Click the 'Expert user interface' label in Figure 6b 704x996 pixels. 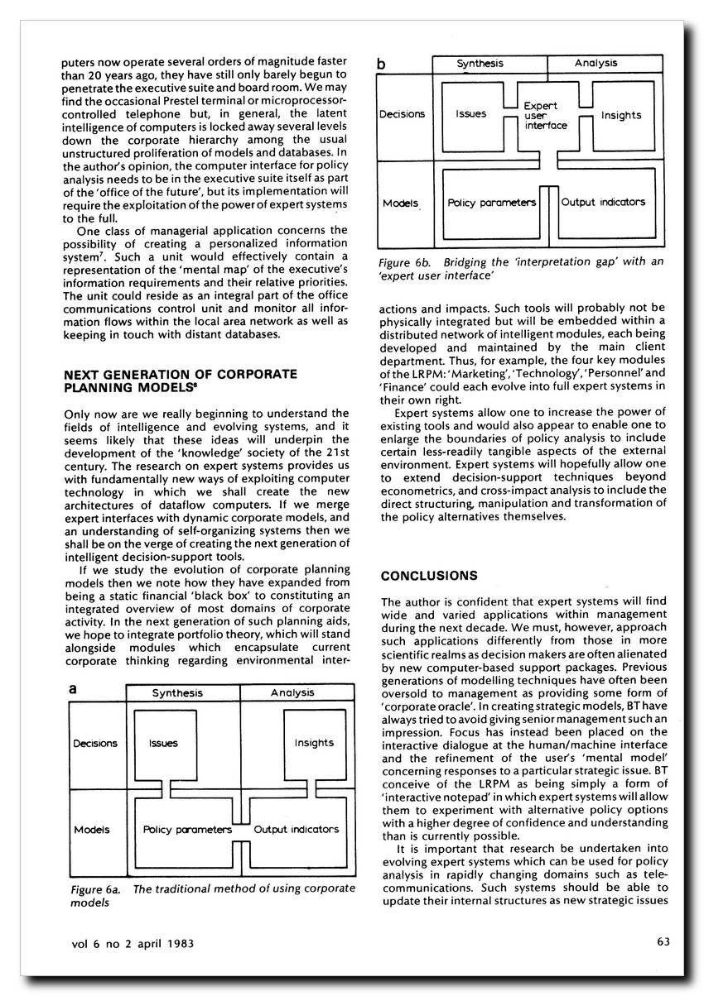pos(546,116)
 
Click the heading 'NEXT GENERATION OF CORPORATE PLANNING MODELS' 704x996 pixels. pos(181,380)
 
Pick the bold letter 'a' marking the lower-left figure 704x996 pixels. pos(73,688)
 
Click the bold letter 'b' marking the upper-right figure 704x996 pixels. pos(381,63)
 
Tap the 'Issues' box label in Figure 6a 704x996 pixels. pos(163,743)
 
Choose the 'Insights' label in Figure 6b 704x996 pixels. pos(621,116)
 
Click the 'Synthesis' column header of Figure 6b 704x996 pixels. pos(480,64)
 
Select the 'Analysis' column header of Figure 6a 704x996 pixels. pos(292,693)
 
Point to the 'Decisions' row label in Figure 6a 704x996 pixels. pos(95,743)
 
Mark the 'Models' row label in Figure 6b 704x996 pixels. pos(402,203)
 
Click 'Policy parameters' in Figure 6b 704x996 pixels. pos(492,202)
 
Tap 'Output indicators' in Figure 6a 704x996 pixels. pos(296,829)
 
